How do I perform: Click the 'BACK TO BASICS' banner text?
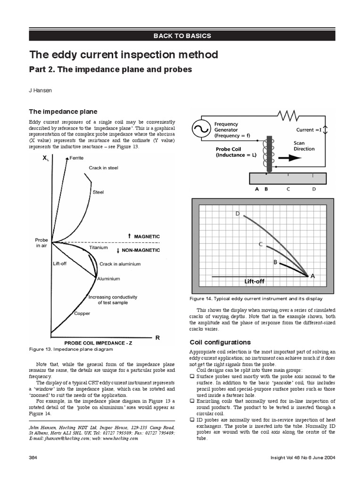(181, 36)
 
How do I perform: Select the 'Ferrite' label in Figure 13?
(76, 158)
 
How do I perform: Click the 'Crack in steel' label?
(103, 168)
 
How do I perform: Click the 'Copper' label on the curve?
(82, 313)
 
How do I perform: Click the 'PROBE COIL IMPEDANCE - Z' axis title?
(98, 343)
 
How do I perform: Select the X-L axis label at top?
(46, 159)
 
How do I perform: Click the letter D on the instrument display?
(238, 214)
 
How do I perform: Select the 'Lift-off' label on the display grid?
(255, 281)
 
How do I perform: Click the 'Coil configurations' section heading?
(213, 342)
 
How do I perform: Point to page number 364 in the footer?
(33, 457)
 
